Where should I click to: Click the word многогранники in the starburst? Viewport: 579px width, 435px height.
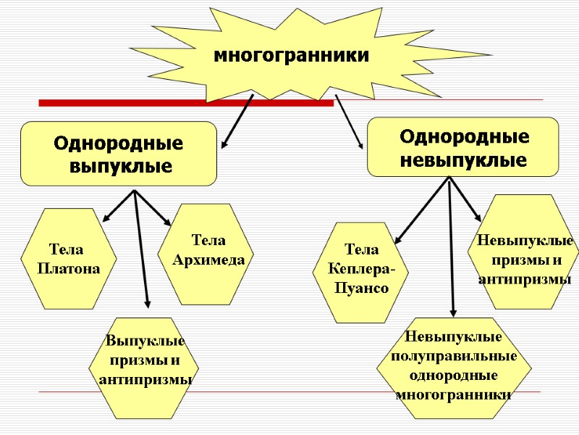point(290,55)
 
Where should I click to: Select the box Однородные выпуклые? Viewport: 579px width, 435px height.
point(119,154)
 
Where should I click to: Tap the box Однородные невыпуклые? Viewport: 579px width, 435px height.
point(463,147)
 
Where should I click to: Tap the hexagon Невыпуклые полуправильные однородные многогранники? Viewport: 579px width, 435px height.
point(454,368)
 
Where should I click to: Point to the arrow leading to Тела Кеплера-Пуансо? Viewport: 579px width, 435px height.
point(422,210)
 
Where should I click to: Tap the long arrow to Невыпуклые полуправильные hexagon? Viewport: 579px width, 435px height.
point(452,246)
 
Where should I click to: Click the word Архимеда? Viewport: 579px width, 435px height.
point(208,259)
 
